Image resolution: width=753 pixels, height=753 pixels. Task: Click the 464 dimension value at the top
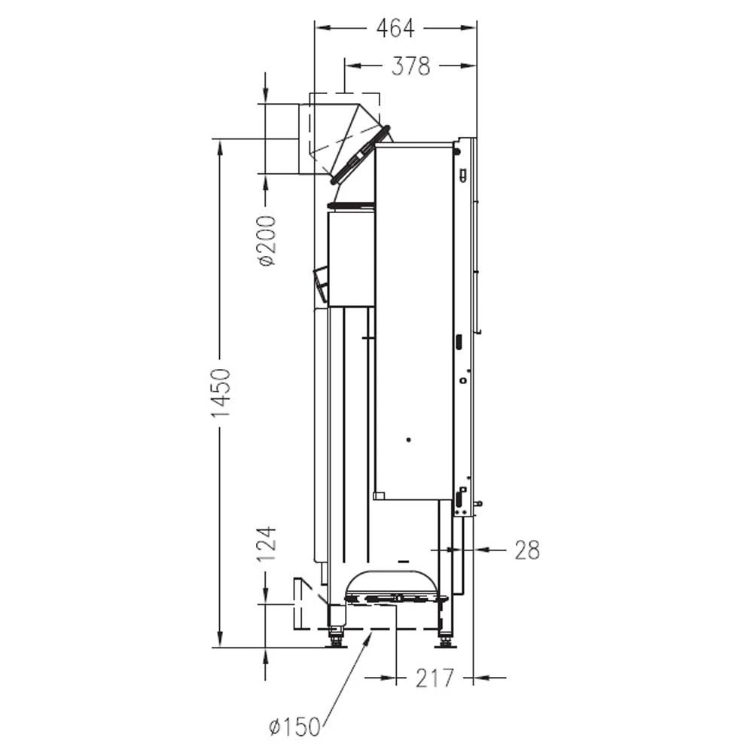[395, 29]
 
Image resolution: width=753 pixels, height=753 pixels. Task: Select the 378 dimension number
[410, 66]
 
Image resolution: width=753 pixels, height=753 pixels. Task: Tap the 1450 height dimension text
[221, 392]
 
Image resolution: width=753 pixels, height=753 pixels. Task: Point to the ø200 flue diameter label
[267, 241]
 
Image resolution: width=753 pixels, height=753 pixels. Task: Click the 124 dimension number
[267, 544]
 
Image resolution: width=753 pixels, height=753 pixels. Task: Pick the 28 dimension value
[527, 550]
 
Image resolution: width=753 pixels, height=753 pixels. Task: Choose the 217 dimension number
[434, 678]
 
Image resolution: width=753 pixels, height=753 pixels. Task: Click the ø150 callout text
[294, 727]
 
